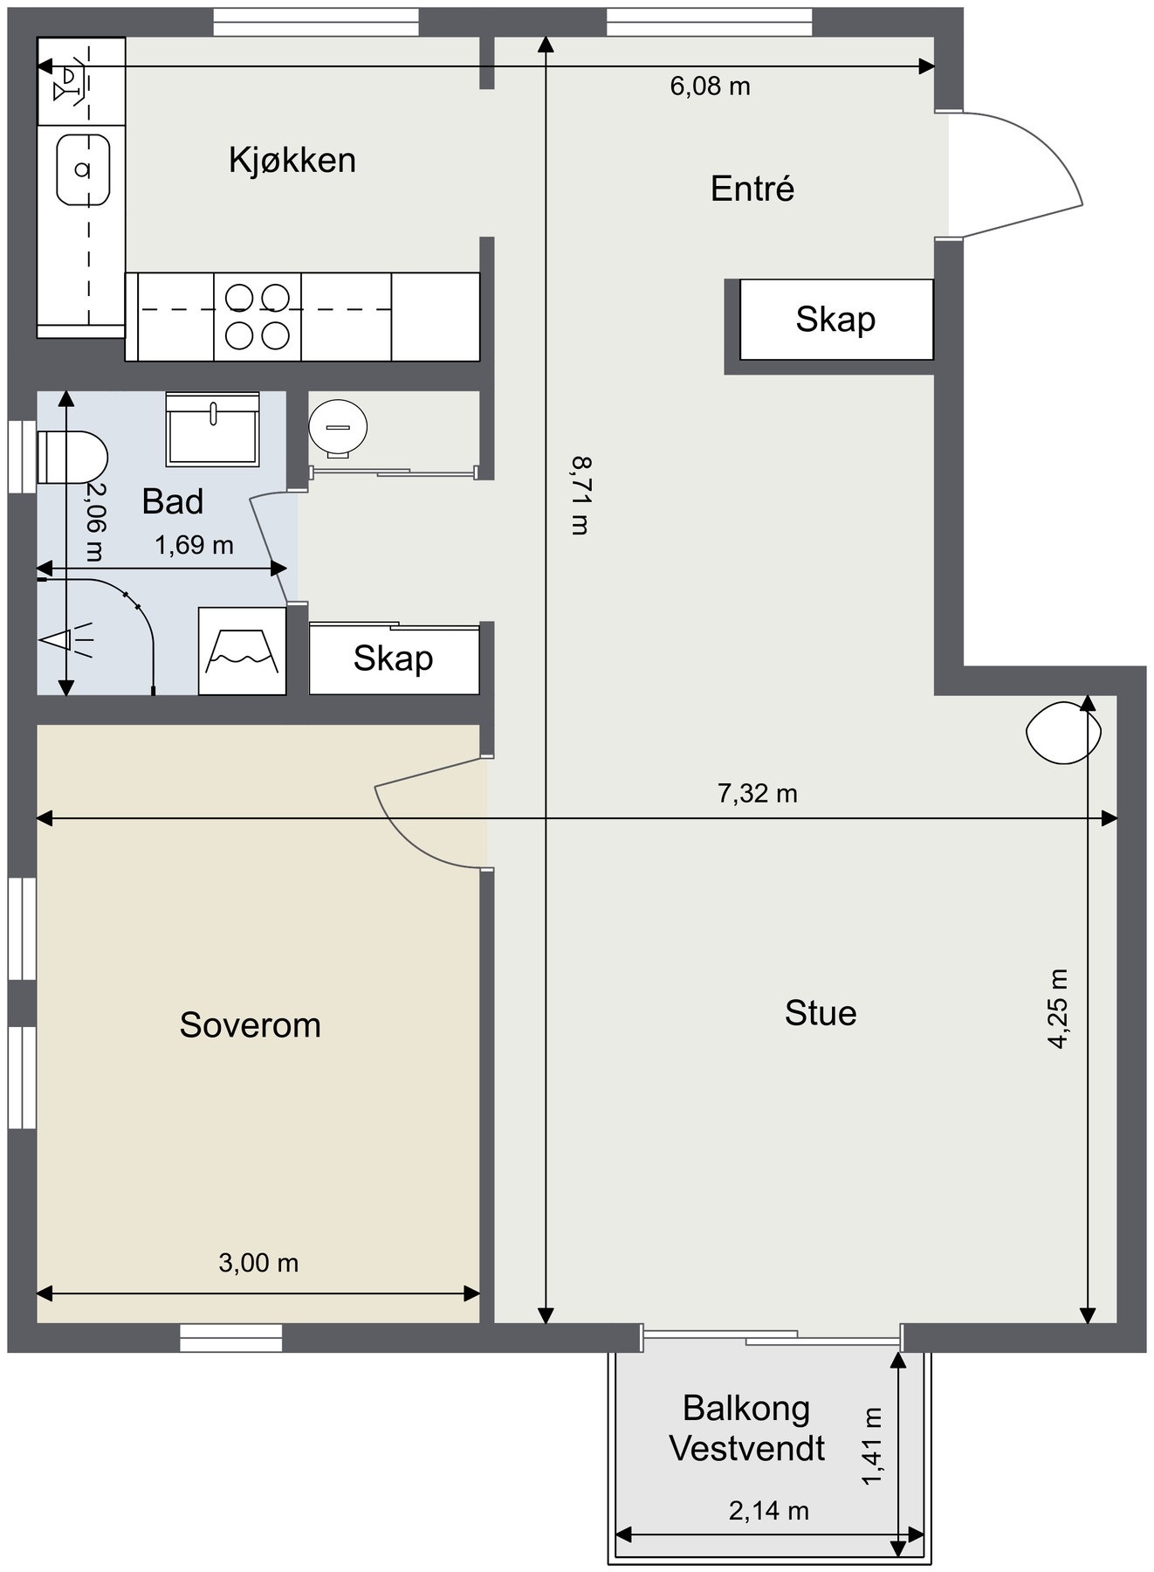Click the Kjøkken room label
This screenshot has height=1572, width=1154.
coord(292,161)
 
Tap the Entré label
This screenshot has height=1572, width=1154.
coord(752,189)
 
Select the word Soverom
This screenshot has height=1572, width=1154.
coord(251,1025)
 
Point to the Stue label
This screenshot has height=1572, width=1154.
coord(821,1013)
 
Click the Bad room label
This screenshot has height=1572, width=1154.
coord(173,501)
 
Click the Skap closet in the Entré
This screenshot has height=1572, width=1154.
coord(836,320)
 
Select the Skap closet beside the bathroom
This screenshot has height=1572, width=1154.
coord(394,658)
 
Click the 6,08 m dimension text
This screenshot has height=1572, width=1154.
coord(711,86)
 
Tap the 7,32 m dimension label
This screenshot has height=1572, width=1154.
coord(758,793)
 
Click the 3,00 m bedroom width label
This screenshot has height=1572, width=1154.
coord(258,1263)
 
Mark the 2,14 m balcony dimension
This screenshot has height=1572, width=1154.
coord(769,1510)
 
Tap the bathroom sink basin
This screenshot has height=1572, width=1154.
coord(213,429)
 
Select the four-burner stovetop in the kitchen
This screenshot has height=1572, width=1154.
coord(258,316)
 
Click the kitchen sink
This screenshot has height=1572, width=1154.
coord(84,169)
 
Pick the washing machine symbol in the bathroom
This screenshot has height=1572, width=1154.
coord(243,651)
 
